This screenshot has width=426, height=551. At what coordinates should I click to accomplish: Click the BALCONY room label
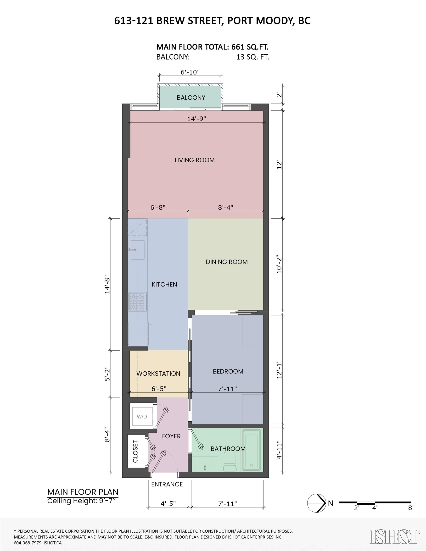pos(191,98)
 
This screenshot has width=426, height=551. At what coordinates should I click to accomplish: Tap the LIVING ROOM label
pos(195,160)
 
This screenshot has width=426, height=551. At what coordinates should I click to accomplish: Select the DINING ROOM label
pos(227,262)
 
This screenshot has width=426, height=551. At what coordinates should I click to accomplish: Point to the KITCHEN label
pos(164,284)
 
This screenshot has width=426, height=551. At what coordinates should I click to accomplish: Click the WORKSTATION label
pos(158,374)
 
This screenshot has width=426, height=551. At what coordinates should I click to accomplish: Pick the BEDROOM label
pos(228,371)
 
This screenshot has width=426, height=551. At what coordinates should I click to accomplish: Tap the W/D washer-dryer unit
pos(142,417)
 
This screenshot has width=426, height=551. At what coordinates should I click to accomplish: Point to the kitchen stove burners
pos(138,302)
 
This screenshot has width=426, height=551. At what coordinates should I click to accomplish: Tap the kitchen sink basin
pos(138,250)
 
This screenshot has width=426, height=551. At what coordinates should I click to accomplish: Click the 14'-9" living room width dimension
pos(196,119)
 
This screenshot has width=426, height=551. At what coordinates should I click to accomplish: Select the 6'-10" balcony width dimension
pos(190,72)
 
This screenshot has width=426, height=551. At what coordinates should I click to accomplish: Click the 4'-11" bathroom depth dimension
pos(279,450)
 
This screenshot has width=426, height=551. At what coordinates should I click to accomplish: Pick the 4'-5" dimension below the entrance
pos(168,504)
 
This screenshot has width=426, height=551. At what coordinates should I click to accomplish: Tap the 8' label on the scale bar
pos(411,508)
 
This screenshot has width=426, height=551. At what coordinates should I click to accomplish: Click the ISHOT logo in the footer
pos(395,536)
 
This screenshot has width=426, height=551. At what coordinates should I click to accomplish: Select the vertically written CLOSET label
pos(135,451)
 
